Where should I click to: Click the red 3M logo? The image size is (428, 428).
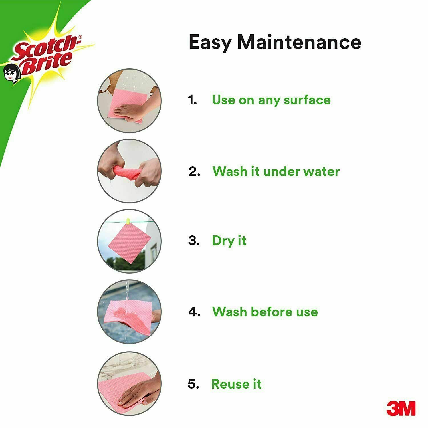pyautogui.click(x=401, y=408)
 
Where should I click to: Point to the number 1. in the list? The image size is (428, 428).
pyautogui.click(x=193, y=100)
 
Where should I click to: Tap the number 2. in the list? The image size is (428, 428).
pyautogui.click(x=195, y=172)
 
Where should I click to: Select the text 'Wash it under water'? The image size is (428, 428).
pyautogui.click(x=276, y=171)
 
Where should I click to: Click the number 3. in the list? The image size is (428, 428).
pyautogui.click(x=194, y=241)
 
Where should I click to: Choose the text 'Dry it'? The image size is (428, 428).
pyautogui.click(x=229, y=241)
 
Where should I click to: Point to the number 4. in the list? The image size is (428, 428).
pyautogui.click(x=195, y=312)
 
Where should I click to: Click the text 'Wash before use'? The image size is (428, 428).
pyautogui.click(x=265, y=312)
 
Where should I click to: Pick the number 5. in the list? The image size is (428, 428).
pyautogui.click(x=193, y=384)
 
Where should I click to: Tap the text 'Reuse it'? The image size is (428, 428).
pyautogui.click(x=236, y=384)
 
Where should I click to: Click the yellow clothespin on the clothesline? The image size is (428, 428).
pyautogui.click(x=128, y=221)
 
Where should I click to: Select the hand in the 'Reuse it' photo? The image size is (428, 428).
pyautogui.click(x=137, y=392)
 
